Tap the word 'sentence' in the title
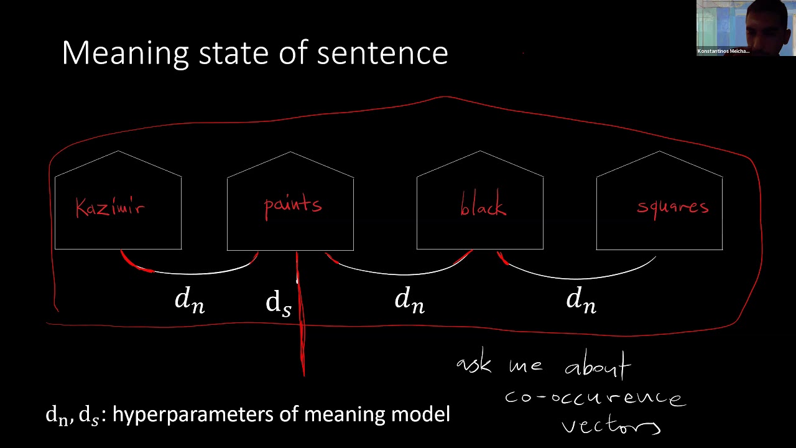[382, 54]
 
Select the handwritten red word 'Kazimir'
[110, 207]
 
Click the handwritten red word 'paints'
[292, 205]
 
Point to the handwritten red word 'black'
[483, 207]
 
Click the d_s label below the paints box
[278, 302]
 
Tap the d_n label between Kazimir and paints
[189, 301]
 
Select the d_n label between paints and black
[409, 301]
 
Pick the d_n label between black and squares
[581, 301]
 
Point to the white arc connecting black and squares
[578, 278]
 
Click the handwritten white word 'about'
[598, 367]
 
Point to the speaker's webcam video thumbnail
[746, 28]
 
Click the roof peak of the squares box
[659, 151]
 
